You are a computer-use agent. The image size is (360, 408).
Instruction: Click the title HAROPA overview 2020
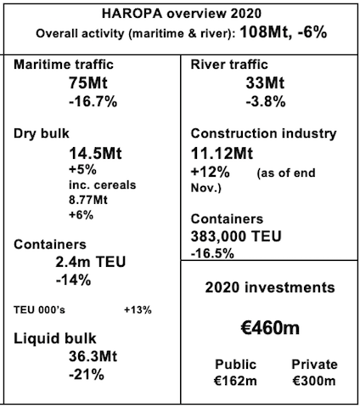(x=182, y=14)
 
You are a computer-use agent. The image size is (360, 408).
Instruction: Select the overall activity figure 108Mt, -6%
(x=284, y=31)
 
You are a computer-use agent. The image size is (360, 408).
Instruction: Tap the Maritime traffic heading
(x=64, y=65)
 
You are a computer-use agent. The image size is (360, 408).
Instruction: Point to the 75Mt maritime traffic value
(x=88, y=83)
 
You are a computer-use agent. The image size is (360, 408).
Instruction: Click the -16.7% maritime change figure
(x=93, y=101)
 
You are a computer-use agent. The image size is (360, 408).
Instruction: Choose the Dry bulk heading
(x=42, y=133)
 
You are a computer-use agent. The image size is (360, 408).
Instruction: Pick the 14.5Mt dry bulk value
(x=95, y=153)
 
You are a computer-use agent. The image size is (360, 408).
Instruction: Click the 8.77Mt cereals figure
(x=88, y=200)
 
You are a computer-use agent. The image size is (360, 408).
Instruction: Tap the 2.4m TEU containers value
(x=91, y=262)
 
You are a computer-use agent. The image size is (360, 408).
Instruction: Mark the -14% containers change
(x=73, y=280)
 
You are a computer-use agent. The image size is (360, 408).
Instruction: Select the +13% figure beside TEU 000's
(x=138, y=310)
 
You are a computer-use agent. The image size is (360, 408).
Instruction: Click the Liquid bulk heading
(x=55, y=338)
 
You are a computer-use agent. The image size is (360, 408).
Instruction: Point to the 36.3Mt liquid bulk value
(x=93, y=356)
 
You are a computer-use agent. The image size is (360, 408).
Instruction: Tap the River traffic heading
(x=229, y=65)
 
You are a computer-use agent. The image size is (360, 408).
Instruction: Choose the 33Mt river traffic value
(x=265, y=83)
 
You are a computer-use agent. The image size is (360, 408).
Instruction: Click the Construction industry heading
(x=263, y=133)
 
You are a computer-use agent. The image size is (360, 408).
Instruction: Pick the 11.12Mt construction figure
(x=222, y=153)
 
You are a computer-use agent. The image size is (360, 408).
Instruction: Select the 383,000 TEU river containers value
(x=236, y=236)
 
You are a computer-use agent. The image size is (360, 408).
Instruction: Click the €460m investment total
(x=270, y=328)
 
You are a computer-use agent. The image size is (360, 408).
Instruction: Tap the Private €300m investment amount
(x=314, y=372)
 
